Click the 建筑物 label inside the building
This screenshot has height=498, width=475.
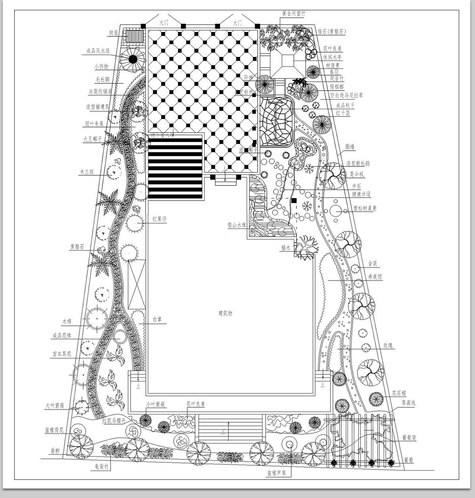225,313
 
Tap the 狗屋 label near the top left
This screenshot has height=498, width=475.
114,33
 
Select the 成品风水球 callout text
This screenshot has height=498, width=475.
98,51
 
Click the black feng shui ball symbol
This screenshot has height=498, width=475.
133,59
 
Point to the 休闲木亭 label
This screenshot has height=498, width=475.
332,57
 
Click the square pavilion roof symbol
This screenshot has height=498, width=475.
288,61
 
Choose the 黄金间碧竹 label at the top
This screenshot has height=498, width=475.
293,14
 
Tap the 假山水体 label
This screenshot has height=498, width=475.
237,225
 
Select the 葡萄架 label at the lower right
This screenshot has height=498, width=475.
409,438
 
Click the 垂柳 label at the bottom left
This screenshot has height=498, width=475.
54,451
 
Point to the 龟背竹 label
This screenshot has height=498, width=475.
100,467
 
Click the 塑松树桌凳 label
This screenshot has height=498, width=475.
365,208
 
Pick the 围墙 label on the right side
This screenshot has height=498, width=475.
350,147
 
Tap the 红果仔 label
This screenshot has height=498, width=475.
160,219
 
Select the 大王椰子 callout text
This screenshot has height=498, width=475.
93,139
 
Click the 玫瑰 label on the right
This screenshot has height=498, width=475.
388,346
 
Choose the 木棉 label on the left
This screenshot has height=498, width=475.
66,321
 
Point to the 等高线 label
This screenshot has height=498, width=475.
408,403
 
